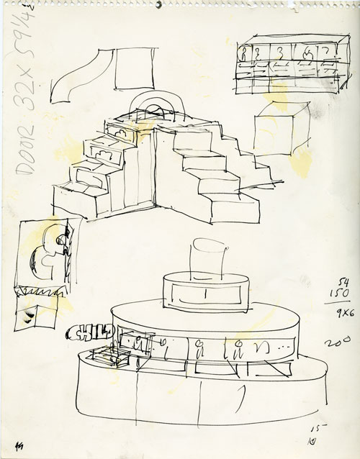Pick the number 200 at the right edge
(x=332, y=342)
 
